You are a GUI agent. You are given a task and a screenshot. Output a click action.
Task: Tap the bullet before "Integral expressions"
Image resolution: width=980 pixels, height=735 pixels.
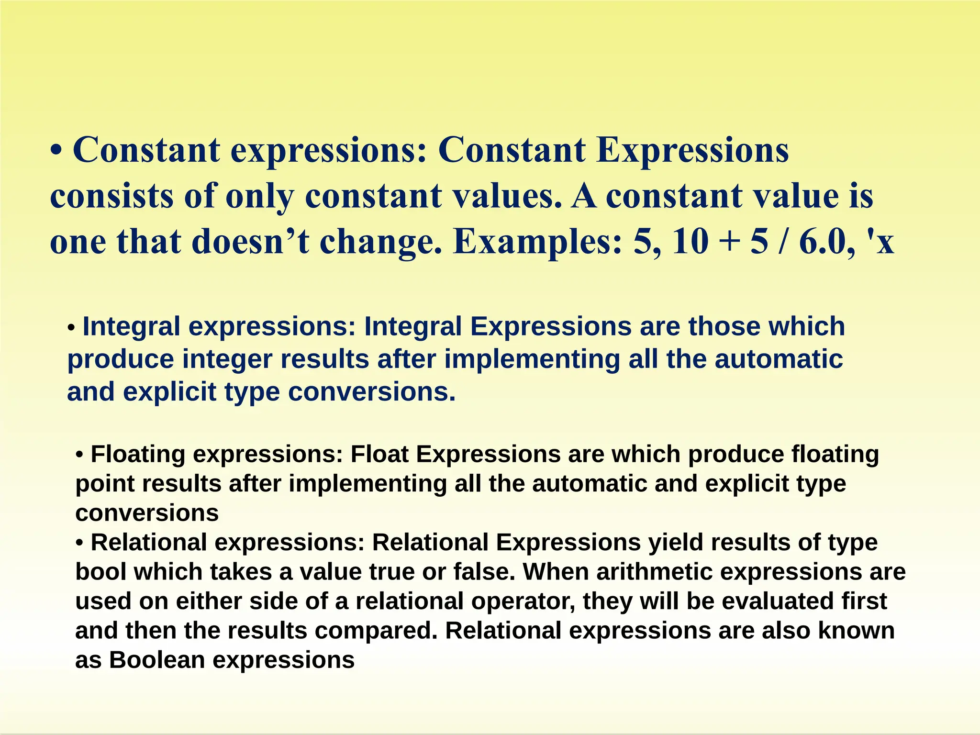click(x=71, y=329)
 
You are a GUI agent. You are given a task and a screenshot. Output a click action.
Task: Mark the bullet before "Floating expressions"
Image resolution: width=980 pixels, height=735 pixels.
click(x=80, y=455)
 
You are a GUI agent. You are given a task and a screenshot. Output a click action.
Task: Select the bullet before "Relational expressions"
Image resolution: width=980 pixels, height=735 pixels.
click(x=80, y=543)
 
